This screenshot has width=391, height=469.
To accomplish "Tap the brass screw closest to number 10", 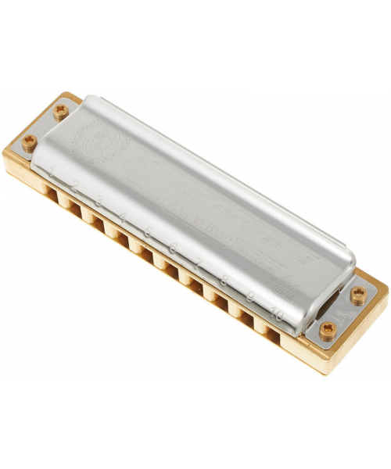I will click(325, 329).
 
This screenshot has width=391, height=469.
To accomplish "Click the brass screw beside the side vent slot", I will click(358, 295).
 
